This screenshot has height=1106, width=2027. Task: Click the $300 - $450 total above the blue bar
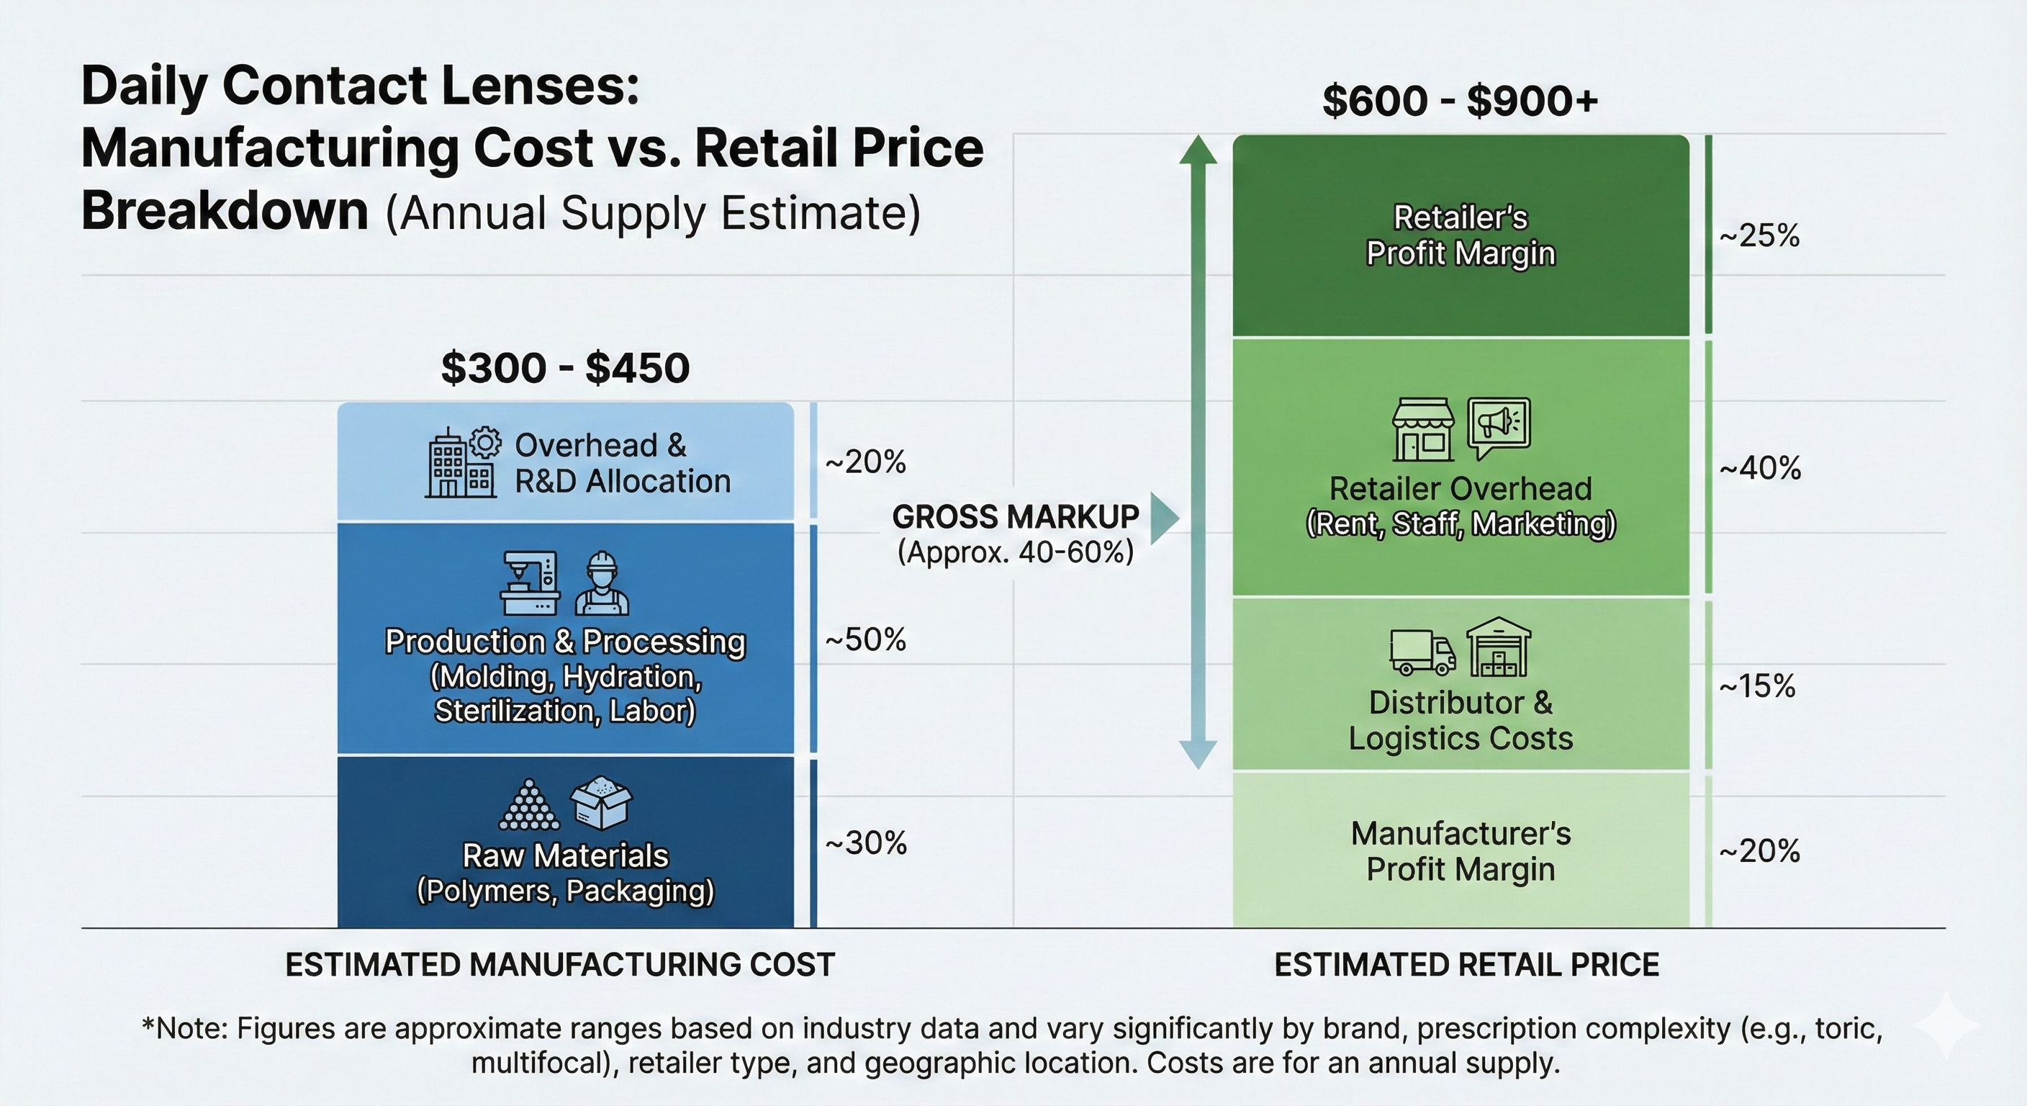[x=565, y=369]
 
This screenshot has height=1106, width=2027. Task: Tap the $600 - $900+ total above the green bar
[x=1460, y=102]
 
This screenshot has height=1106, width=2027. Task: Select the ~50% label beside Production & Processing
[x=864, y=639]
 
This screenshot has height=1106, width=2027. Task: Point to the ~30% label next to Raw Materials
[x=865, y=843]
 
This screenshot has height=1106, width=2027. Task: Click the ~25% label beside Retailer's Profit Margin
[x=1759, y=235]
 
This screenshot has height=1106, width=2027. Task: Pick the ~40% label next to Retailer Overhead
[x=1759, y=468]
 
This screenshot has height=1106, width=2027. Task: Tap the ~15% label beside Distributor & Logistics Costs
[x=1757, y=685]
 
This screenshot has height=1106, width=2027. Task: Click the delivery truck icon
[x=1422, y=652]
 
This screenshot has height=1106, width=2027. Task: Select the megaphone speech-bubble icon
[x=1499, y=428]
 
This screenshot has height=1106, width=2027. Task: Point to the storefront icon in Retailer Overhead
[x=1422, y=430]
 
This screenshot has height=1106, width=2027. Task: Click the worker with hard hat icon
[x=602, y=583]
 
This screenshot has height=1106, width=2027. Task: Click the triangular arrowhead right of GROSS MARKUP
[x=1164, y=518]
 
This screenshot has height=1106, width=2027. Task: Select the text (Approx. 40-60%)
[x=1015, y=552]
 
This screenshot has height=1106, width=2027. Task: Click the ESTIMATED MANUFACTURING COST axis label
[x=559, y=965]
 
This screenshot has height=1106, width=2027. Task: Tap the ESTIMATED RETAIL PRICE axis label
[x=1466, y=965]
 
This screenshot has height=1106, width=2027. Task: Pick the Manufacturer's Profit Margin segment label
[x=1461, y=851]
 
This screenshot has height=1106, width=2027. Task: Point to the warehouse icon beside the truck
[x=1498, y=647]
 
